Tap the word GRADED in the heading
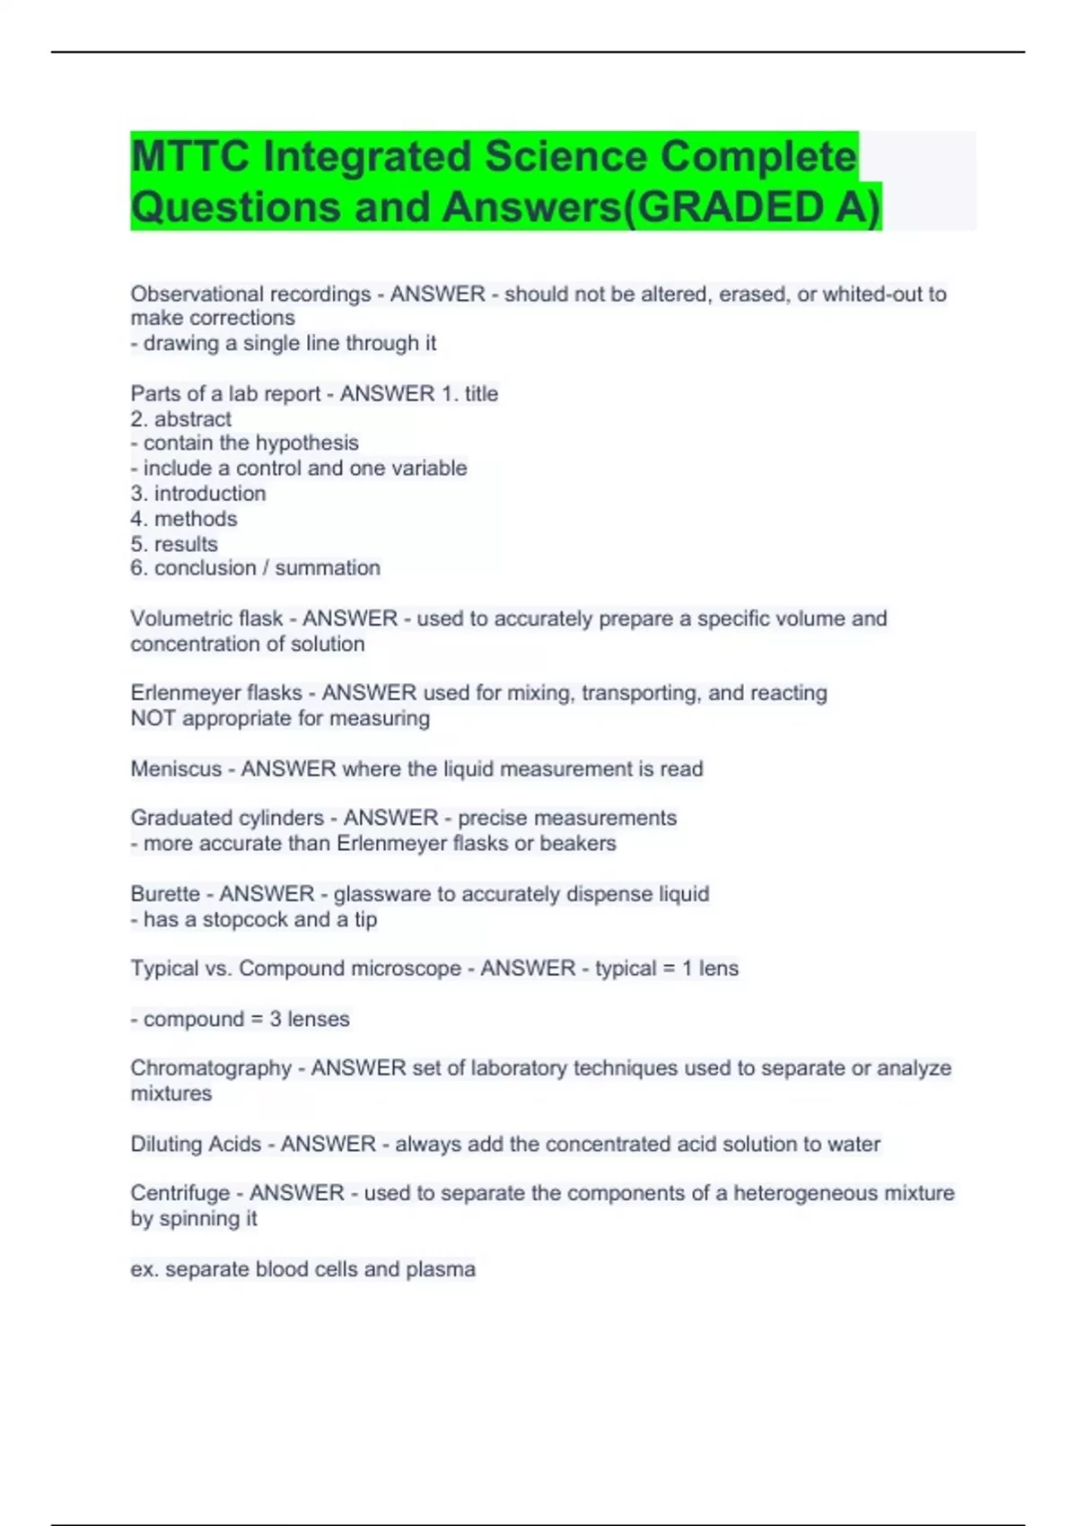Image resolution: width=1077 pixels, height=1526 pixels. click(730, 207)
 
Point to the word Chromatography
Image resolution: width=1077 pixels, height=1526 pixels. click(211, 1068)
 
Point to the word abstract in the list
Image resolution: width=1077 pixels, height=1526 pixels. click(192, 419)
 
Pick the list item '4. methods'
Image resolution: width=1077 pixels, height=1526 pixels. click(184, 519)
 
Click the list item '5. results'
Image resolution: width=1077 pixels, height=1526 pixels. click(174, 544)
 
